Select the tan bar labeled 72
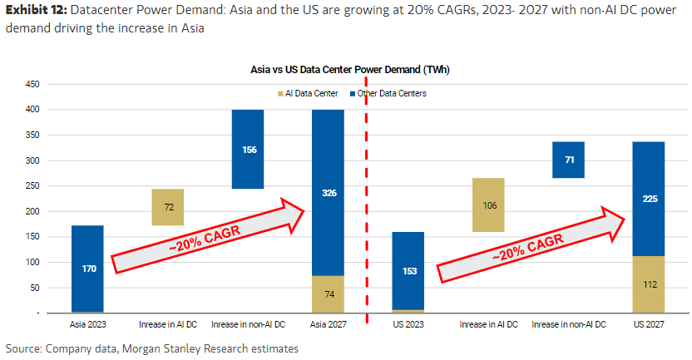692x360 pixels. [x=168, y=207]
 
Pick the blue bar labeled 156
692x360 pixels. [x=248, y=150]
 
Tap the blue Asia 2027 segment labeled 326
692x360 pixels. [x=328, y=192]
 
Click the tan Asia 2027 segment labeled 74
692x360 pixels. [x=328, y=293]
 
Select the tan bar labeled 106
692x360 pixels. [x=487, y=205]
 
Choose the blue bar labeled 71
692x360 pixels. [x=568, y=160]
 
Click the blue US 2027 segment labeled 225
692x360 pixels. [x=648, y=199]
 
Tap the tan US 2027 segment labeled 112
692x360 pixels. [x=648, y=284]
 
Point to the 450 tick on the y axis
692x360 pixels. [x=33, y=84]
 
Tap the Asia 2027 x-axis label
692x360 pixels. [x=328, y=323]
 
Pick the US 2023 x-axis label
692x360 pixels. [x=408, y=323]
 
